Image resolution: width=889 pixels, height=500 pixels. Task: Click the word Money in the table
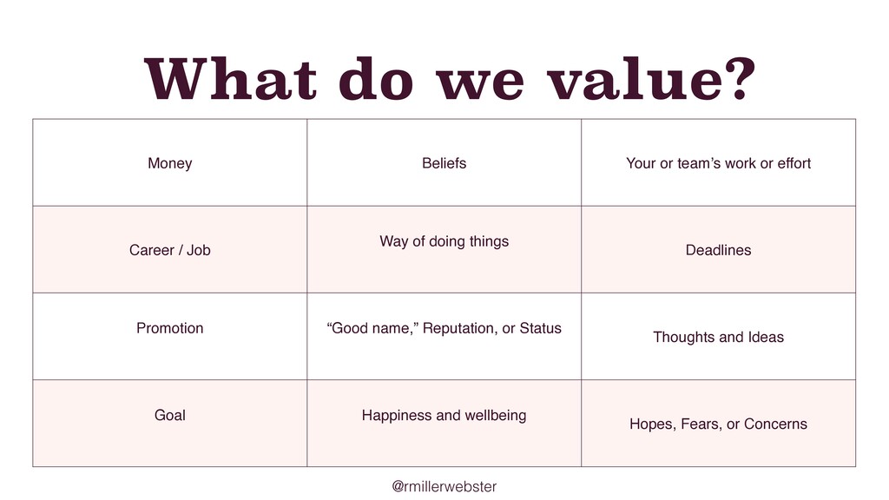coord(169,164)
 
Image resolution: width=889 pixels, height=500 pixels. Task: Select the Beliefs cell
coord(444,163)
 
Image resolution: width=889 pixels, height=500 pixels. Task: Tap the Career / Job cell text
coord(169,250)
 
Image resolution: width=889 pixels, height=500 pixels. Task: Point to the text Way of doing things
coord(444,242)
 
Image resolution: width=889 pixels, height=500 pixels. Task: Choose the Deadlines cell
coord(718,250)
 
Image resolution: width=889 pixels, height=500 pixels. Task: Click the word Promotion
coord(169,328)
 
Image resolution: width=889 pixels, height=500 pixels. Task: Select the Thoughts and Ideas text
coord(718,338)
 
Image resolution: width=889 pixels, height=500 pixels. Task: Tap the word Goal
coord(169,416)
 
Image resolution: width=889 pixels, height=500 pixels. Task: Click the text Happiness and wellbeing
coord(444,416)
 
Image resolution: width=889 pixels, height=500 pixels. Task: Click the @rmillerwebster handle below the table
coord(444,486)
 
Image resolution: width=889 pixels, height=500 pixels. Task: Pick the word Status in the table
coord(540,328)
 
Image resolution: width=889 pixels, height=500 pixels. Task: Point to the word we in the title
coord(480,84)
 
